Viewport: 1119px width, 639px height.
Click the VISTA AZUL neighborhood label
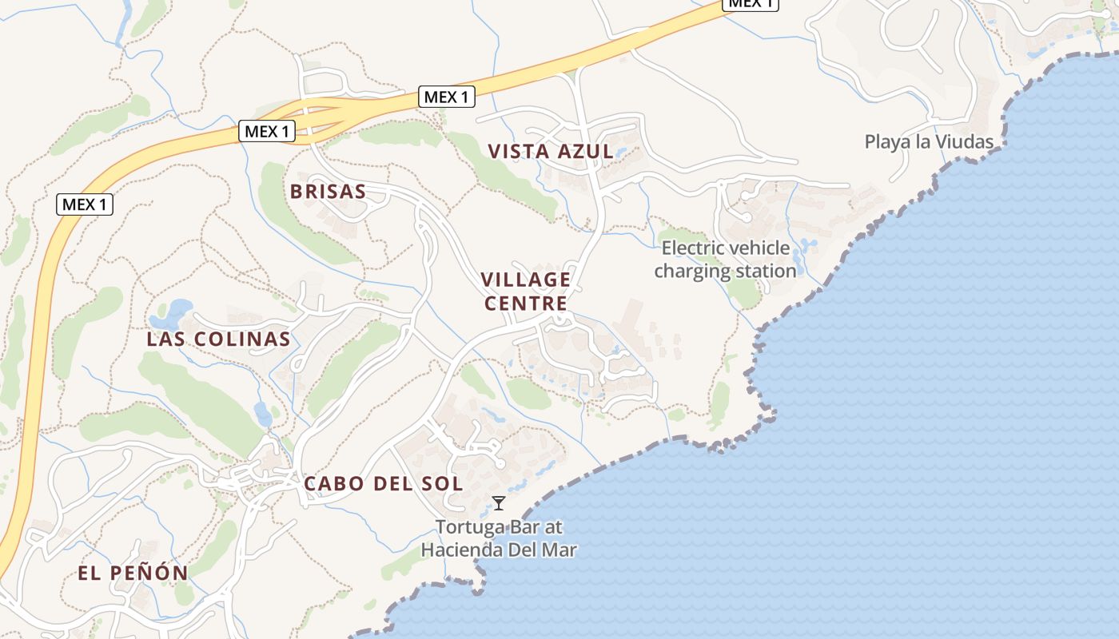[x=551, y=151]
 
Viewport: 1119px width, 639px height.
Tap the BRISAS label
[x=328, y=192]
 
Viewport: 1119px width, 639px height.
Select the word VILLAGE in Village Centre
[x=526, y=280]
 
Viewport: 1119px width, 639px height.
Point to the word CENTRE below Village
[x=526, y=304]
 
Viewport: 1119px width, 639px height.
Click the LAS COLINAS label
[x=218, y=339]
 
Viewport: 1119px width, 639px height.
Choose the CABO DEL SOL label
[x=383, y=483]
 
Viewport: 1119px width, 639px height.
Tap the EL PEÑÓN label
[x=133, y=573]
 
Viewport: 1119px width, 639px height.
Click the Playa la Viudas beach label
[x=929, y=142]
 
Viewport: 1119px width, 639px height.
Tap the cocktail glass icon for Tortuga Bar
[x=499, y=503]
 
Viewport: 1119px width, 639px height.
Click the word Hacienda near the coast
[x=464, y=550]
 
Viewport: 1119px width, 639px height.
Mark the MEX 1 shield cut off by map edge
[x=751, y=3]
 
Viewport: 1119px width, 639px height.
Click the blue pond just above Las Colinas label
[x=177, y=308]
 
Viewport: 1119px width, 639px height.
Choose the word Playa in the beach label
[x=886, y=142]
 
